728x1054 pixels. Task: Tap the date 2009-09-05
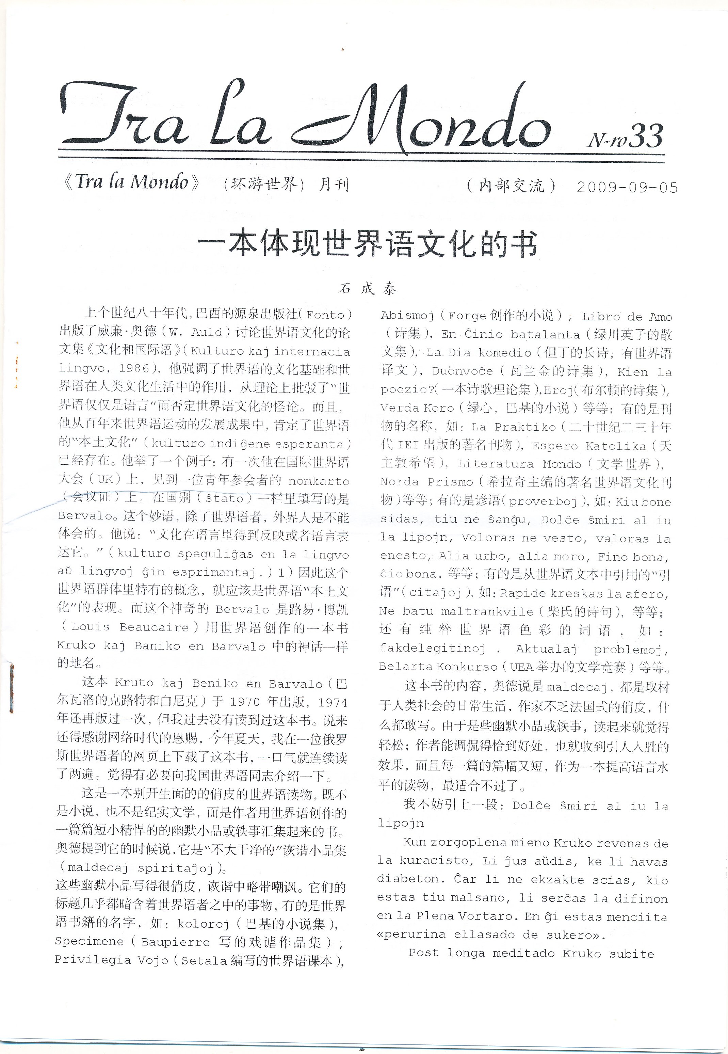coord(627,188)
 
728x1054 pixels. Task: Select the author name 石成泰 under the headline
coord(368,289)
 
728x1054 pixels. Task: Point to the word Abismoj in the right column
coord(407,315)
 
